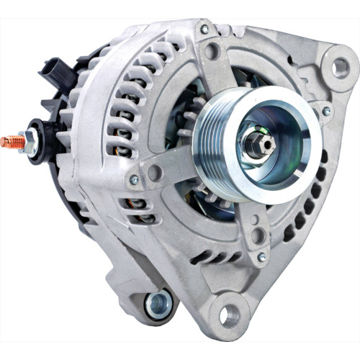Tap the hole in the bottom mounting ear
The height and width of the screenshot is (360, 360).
(x=228, y=314)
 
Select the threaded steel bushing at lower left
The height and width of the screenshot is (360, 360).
(x=158, y=303)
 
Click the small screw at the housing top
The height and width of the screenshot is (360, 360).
(x=204, y=30)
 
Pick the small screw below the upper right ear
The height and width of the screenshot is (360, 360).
(x=326, y=112)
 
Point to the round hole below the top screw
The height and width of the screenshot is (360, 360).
(x=212, y=52)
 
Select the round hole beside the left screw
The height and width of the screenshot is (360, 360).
(x=153, y=172)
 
